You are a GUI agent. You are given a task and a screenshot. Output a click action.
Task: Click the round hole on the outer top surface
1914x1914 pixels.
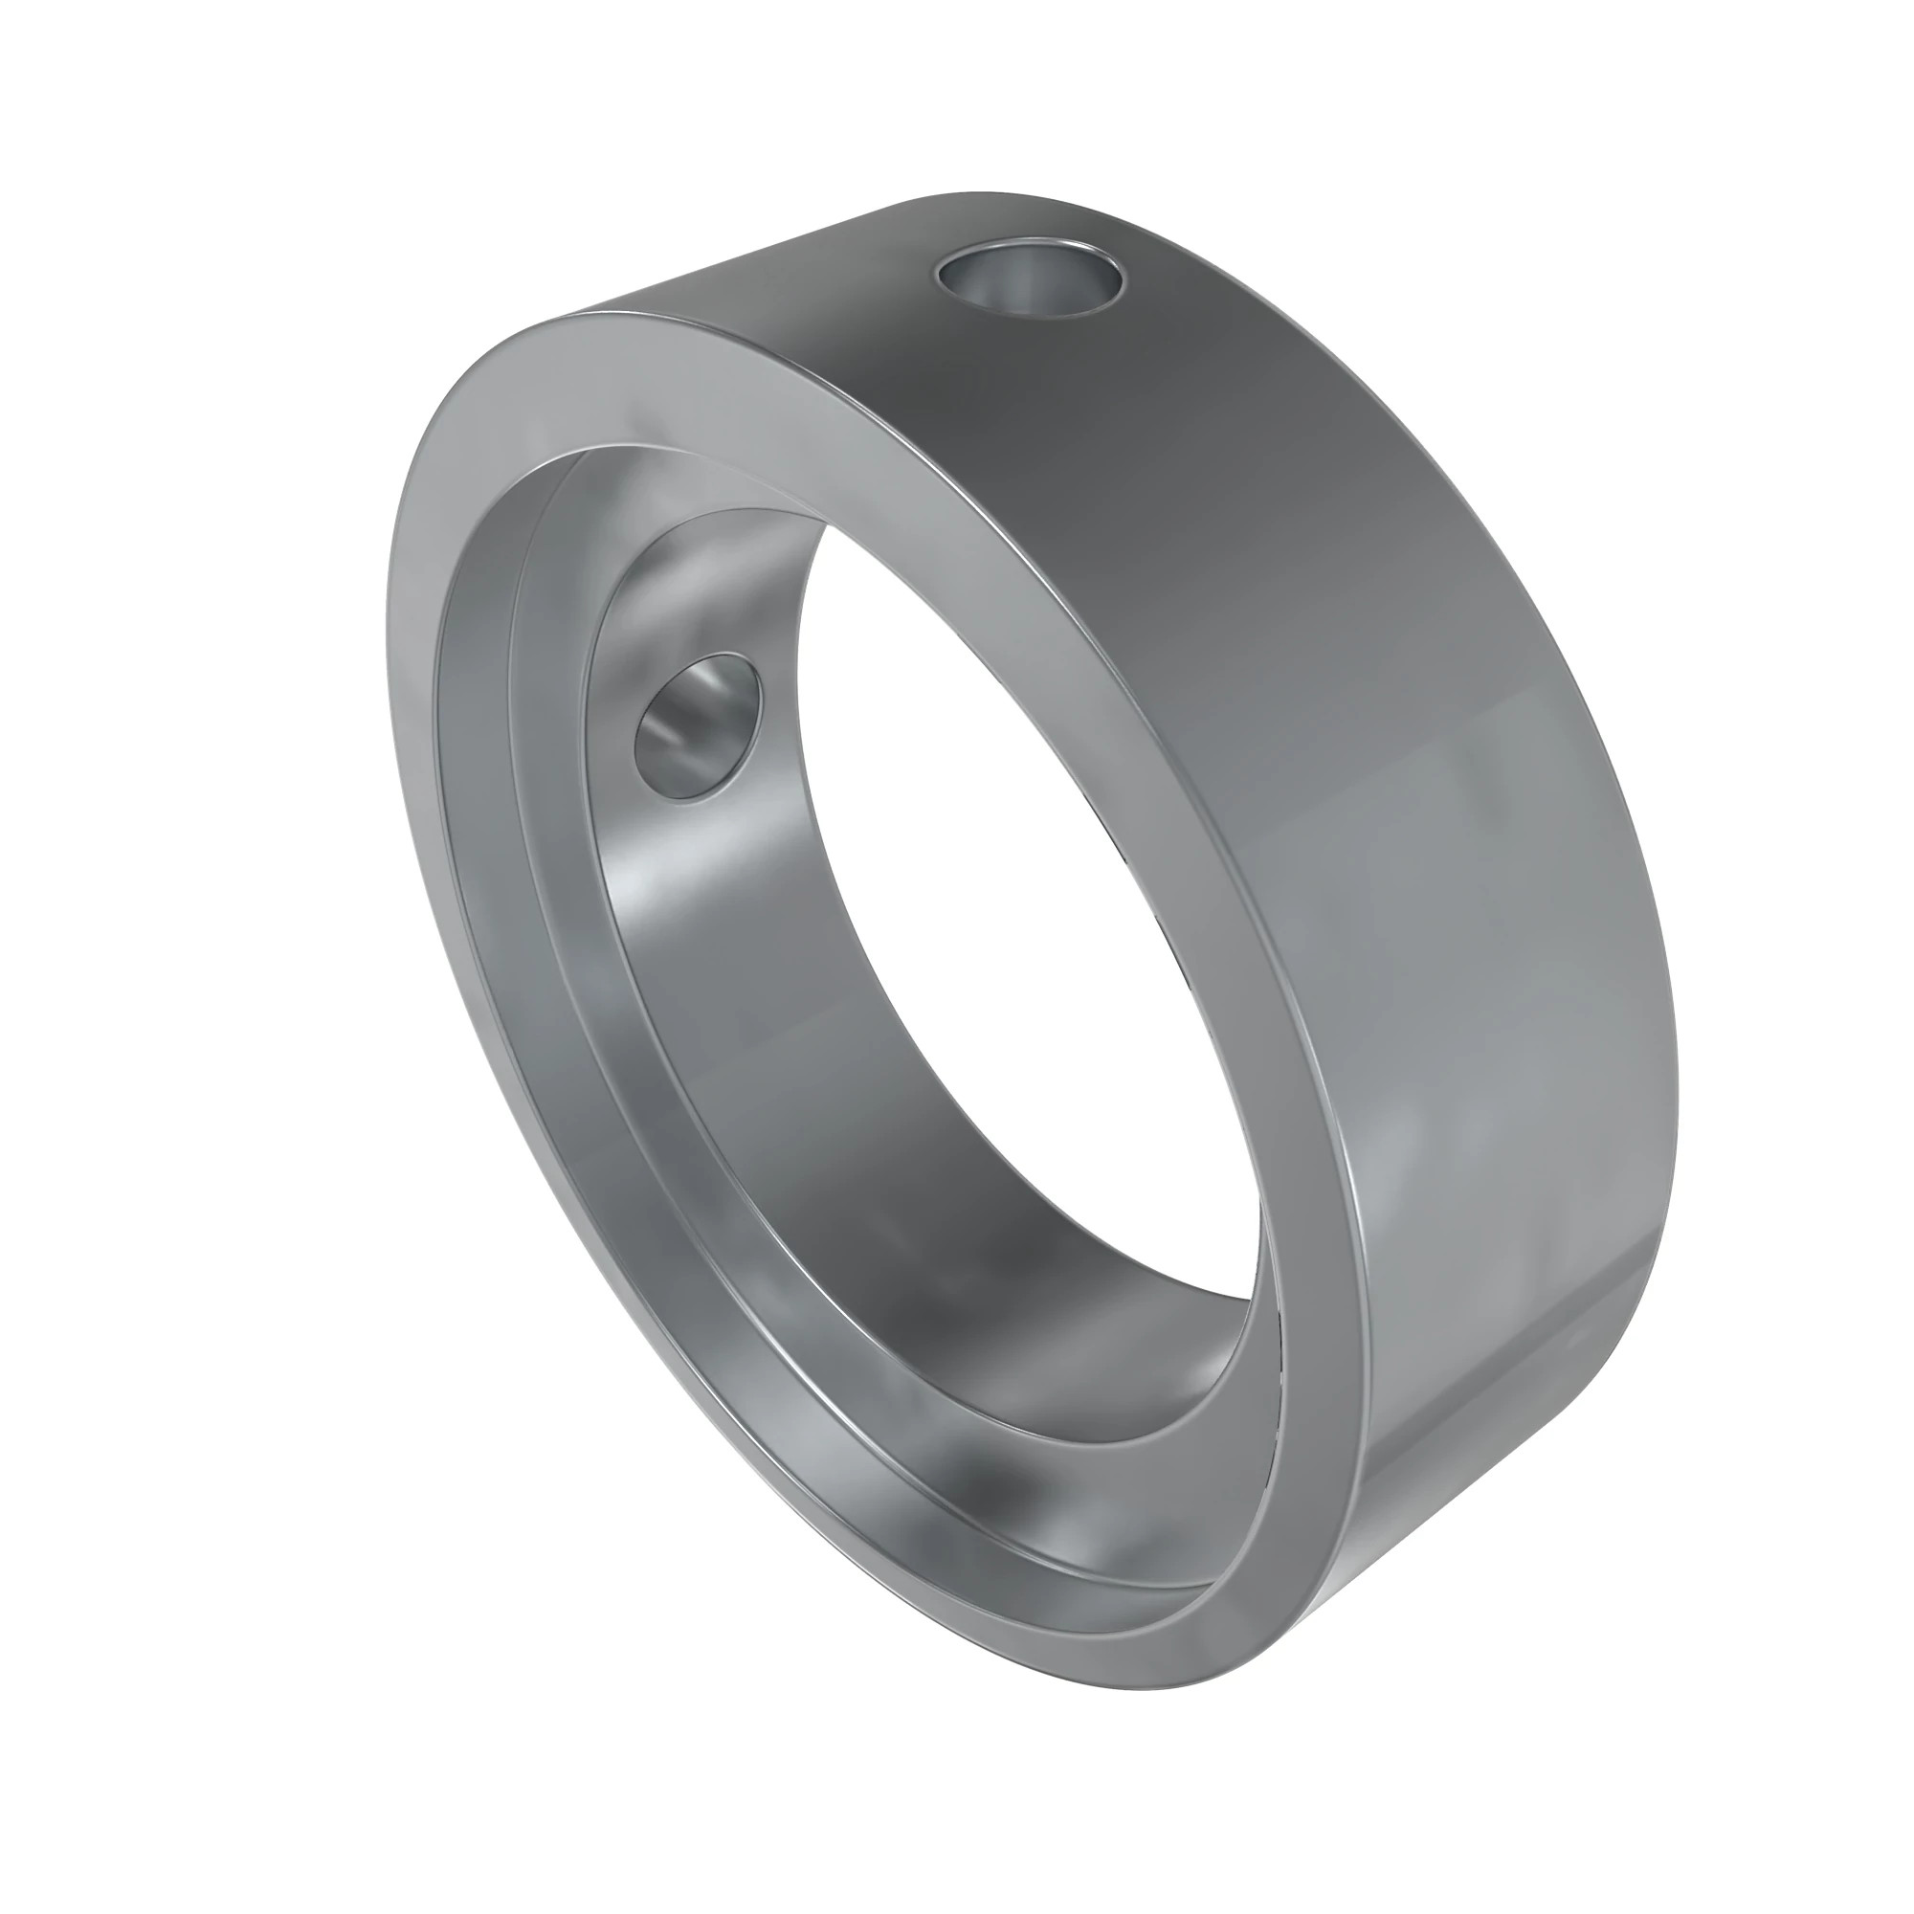(x=1032, y=278)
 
